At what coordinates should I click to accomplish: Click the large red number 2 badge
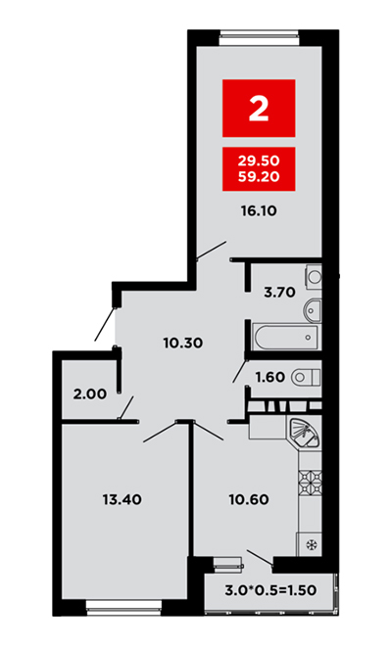coord(259,108)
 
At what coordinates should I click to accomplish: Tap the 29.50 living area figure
coord(259,160)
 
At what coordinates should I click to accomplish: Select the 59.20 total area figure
coord(259,176)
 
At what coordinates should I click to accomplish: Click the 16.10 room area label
coord(259,211)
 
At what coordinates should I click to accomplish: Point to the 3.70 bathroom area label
coord(279,293)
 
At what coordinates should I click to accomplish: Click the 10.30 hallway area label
coord(183,343)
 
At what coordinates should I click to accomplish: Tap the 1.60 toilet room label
coord(270,377)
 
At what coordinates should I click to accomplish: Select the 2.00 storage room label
coord(90,394)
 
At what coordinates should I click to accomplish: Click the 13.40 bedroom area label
coord(122,500)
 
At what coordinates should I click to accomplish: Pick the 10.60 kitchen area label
coord(249,500)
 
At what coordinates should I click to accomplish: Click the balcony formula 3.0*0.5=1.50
coord(270,590)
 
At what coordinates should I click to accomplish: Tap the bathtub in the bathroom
coord(286,337)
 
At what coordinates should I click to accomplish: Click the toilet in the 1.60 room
coord(306,377)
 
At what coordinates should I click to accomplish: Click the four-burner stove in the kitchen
coord(311,481)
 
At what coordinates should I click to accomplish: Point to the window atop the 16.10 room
coord(259,37)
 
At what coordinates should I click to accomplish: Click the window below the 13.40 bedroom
coord(123,608)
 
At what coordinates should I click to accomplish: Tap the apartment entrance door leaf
coord(105,324)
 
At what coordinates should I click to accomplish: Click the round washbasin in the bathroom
coord(313,311)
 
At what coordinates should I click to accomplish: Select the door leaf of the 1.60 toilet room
coord(240,371)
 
